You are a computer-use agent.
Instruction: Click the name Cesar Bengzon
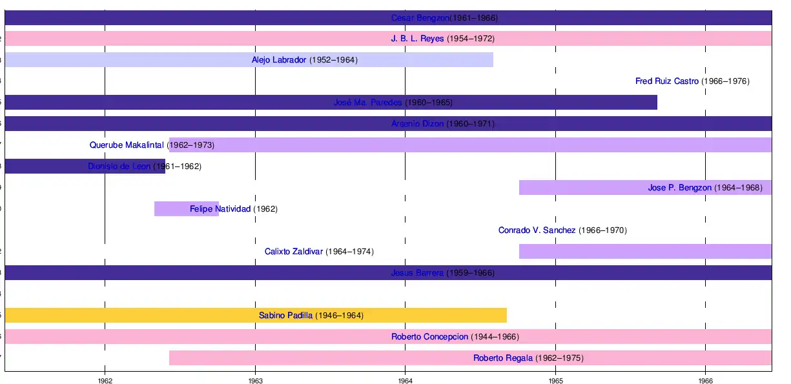[x=420, y=18]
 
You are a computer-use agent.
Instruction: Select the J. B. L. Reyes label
[x=417, y=39]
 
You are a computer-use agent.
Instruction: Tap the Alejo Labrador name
[x=279, y=60]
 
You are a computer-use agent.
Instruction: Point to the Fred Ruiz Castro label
[x=667, y=81]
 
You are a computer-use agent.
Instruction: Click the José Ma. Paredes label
[x=367, y=103]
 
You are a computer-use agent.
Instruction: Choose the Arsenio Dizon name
[x=417, y=124]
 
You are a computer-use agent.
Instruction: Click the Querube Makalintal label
[x=127, y=145]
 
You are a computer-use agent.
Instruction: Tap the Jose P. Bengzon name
[x=679, y=188]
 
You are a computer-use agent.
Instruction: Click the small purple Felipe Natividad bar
[x=171, y=209]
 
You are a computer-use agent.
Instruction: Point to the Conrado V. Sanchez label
[x=537, y=230]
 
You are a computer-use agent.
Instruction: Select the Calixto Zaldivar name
[x=293, y=252]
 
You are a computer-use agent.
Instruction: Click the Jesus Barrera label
[x=417, y=273]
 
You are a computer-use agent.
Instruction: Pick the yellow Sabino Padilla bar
[x=129, y=316]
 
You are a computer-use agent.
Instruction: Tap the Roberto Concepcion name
[x=429, y=337]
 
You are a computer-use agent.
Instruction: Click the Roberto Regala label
[x=503, y=358]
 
